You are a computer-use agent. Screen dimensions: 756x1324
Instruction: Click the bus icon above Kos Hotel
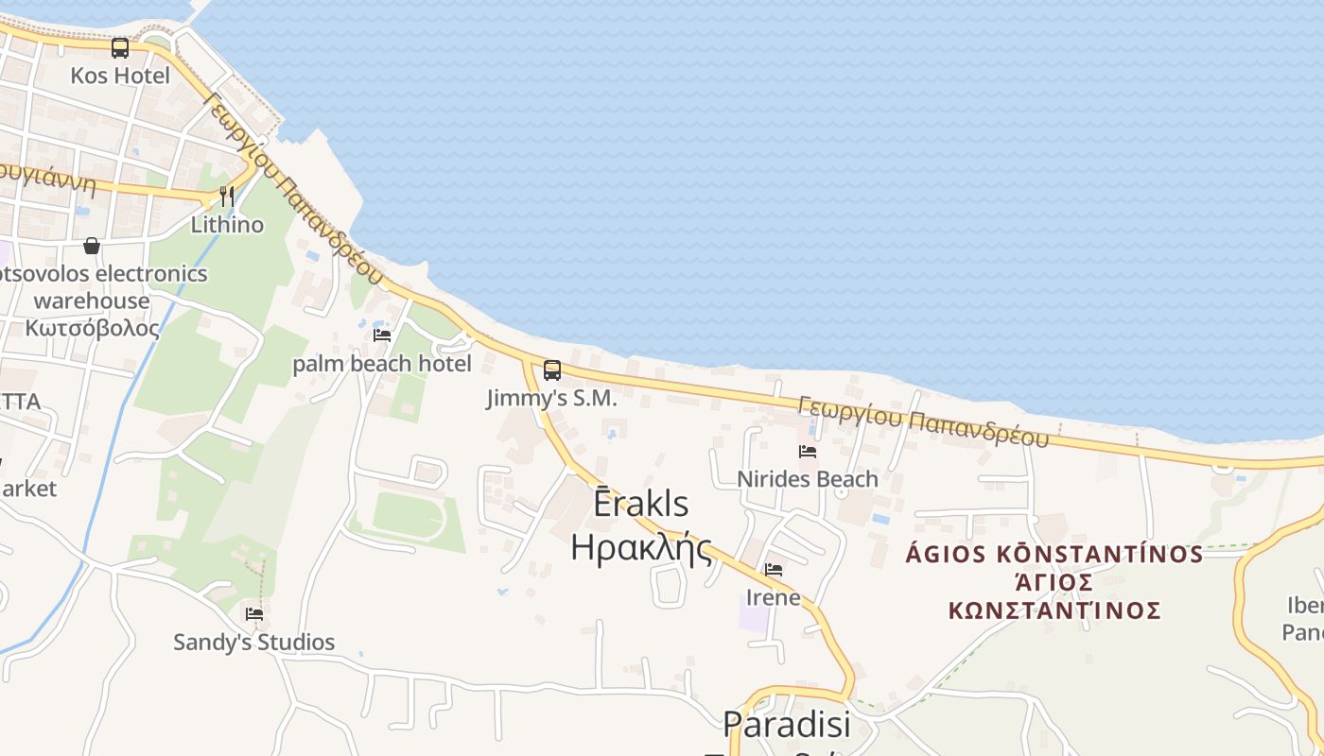click(x=120, y=47)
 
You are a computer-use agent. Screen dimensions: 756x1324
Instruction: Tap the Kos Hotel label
click(x=120, y=76)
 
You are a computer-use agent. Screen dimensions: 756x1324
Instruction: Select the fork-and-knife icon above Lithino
click(x=227, y=197)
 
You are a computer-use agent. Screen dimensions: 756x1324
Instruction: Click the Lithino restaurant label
click(x=227, y=225)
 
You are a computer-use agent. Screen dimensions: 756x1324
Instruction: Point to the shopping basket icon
click(x=92, y=246)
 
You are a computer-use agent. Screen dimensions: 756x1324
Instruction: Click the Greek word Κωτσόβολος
click(x=93, y=328)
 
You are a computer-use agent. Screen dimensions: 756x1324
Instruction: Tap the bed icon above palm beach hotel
click(x=382, y=335)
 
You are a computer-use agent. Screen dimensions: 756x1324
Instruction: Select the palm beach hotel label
click(x=382, y=364)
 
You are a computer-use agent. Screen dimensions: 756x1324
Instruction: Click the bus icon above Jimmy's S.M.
click(x=552, y=370)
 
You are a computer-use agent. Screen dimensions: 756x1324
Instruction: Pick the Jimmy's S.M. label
click(x=552, y=399)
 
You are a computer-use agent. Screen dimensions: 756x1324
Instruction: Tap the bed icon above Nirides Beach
click(x=808, y=452)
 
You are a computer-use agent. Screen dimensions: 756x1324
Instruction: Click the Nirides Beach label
click(x=808, y=479)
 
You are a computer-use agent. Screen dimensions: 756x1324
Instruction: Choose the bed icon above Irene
click(x=774, y=570)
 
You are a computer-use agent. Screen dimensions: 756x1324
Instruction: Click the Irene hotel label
click(x=774, y=597)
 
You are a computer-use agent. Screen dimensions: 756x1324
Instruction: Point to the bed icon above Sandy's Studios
click(x=254, y=614)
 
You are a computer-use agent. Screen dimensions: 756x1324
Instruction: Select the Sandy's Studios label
click(x=254, y=643)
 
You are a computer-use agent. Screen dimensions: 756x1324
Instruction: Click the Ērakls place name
click(x=641, y=504)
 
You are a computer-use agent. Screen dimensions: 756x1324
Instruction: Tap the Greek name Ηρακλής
click(x=641, y=547)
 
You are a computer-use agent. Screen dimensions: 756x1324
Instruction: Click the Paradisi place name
click(x=787, y=724)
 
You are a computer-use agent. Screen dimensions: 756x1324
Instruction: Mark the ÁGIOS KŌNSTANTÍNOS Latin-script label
click(x=1054, y=554)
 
